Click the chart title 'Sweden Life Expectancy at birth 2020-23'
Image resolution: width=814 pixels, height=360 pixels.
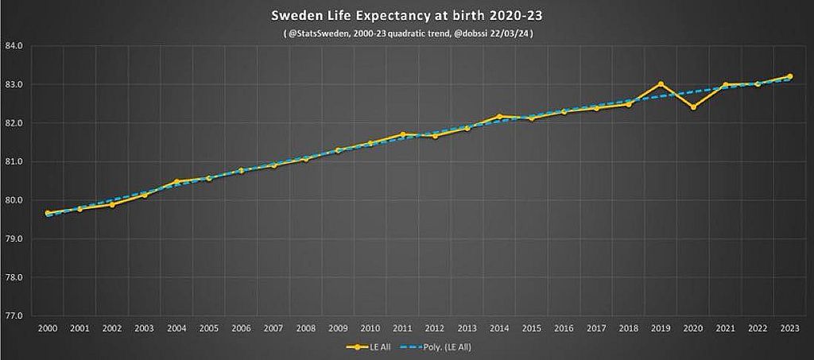(407, 15)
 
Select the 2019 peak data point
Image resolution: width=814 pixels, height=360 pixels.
(661, 83)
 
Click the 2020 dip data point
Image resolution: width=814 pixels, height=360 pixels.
(693, 106)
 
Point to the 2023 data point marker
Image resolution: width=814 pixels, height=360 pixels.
(790, 76)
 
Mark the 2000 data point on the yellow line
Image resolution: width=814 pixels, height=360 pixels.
(47, 213)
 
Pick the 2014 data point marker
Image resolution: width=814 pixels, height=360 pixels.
(499, 116)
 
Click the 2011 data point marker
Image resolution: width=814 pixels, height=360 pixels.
(402, 134)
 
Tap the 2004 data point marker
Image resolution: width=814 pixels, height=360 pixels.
(176, 181)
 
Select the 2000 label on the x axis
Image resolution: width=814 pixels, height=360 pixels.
(47, 327)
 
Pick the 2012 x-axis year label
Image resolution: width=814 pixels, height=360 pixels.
(435, 327)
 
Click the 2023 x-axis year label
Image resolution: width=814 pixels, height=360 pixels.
(790, 327)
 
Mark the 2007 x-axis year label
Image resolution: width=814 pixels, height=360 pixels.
(273, 327)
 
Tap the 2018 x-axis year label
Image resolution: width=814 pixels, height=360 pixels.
(629, 327)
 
